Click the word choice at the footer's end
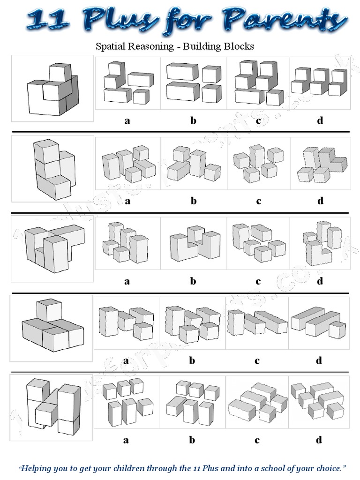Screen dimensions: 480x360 point(330,468)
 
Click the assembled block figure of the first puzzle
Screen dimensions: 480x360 point(52,89)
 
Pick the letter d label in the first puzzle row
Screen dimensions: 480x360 point(320,120)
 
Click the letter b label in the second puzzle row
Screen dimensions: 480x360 point(194,201)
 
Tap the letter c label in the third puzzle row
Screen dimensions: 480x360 point(258,281)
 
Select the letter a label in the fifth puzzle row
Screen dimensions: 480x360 point(126,440)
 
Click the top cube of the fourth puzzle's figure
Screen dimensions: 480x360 point(49,310)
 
